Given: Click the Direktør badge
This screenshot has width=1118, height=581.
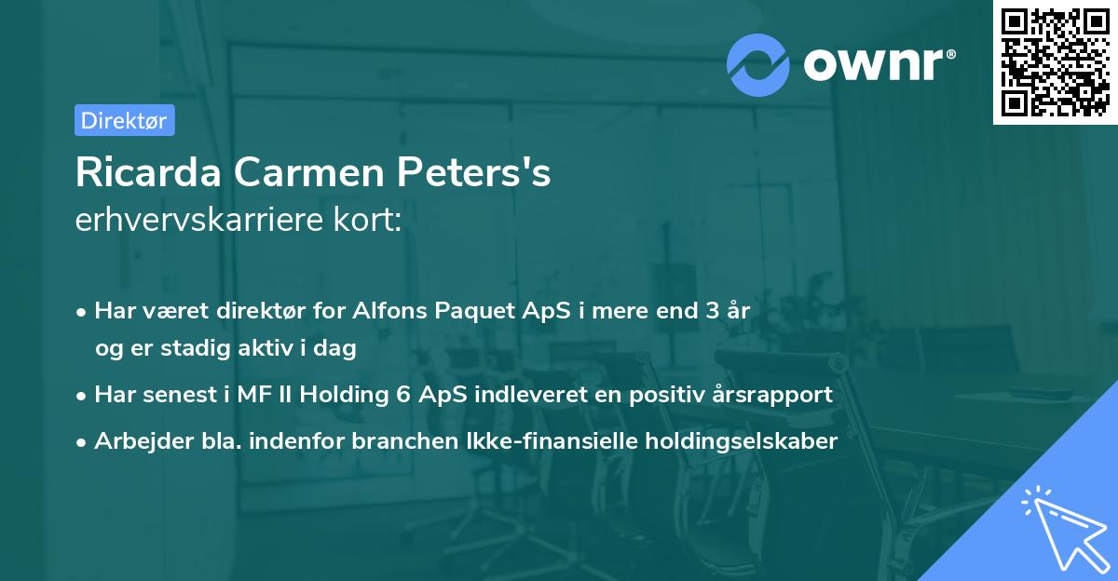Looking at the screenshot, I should [x=124, y=120].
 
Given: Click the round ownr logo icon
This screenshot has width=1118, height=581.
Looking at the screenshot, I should [x=758, y=65].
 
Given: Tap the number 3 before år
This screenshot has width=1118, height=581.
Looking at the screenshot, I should [x=713, y=311].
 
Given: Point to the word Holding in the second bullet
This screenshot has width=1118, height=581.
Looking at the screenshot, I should [x=341, y=395].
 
